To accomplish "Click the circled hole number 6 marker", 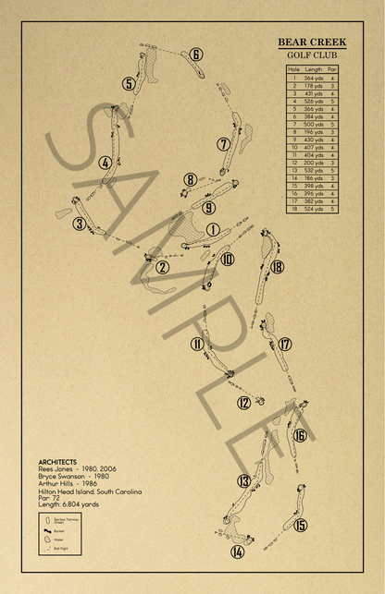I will (196, 54).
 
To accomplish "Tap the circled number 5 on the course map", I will (129, 84).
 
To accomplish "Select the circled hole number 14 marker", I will (238, 552).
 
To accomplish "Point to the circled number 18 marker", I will (278, 267).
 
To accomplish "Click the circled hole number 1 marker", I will (213, 230).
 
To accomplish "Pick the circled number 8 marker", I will (190, 180).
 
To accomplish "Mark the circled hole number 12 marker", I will (243, 402).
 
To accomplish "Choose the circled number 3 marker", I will (81, 224).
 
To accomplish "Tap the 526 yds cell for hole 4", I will (314, 102).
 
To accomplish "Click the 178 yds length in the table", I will (314, 86).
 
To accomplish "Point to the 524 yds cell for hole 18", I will (314, 210).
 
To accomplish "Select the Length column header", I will (314, 70).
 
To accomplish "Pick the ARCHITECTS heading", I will (57, 462).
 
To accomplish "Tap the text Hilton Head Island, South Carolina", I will (90, 491).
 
